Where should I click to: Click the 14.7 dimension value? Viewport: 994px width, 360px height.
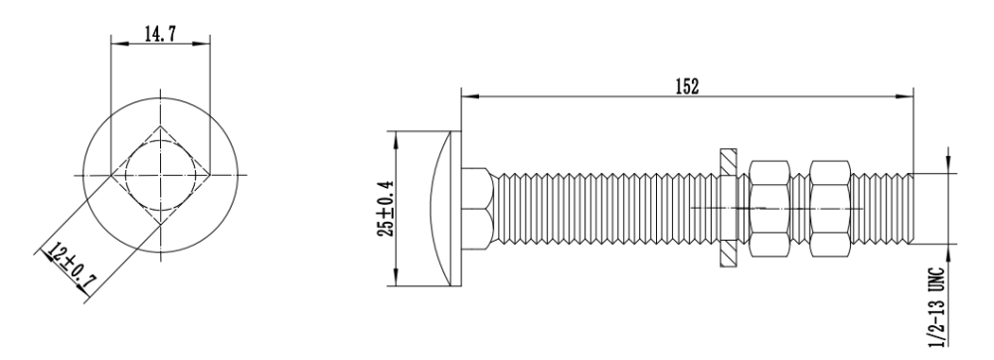(x=160, y=34)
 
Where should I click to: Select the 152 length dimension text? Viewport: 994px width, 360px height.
(x=687, y=87)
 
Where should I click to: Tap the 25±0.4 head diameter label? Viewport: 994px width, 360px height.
(x=386, y=209)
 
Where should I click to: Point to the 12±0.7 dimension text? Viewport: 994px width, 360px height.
(x=70, y=268)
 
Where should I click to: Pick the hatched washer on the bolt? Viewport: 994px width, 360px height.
(x=729, y=208)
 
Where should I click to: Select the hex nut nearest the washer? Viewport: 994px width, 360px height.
(x=769, y=208)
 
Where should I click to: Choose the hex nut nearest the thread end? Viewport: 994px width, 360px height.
(x=830, y=208)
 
